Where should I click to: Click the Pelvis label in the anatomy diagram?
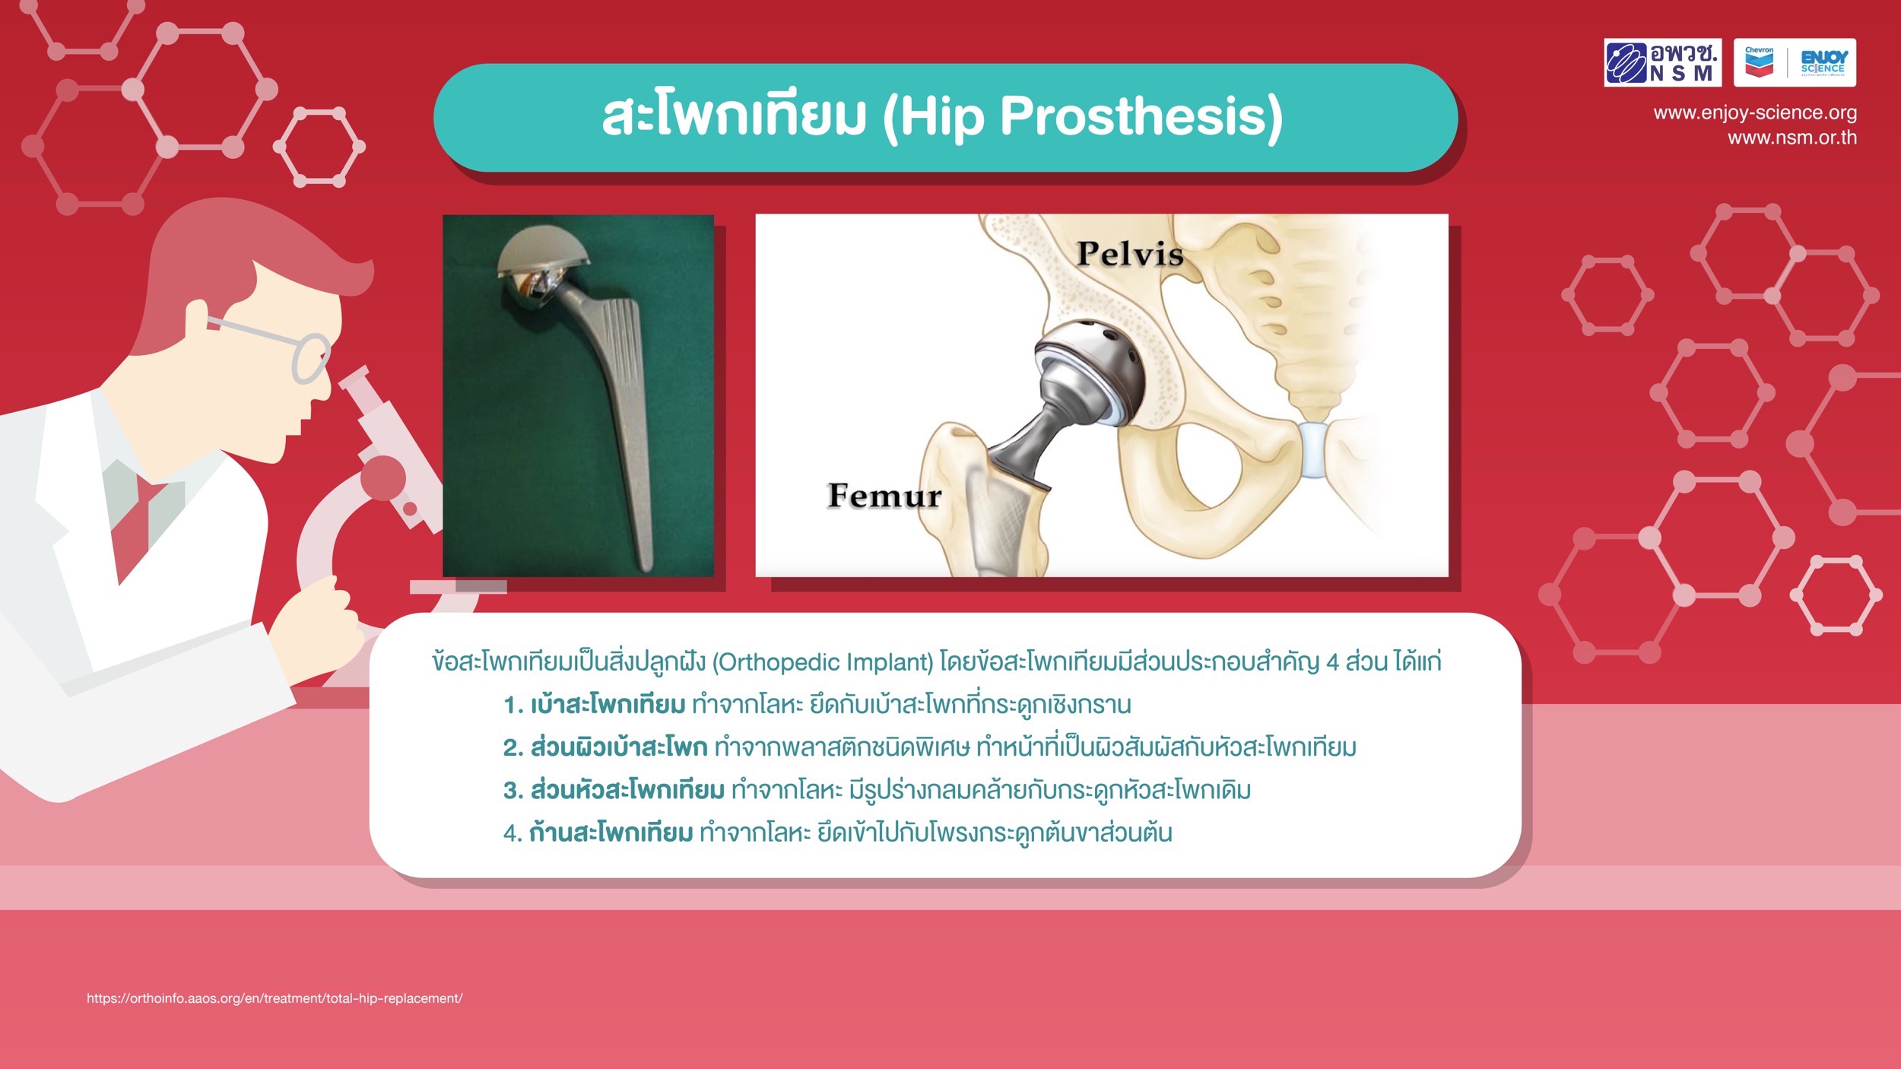(1130, 254)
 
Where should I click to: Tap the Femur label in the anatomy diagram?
(884, 496)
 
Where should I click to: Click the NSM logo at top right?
(1662, 62)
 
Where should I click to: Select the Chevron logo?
(1759, 62)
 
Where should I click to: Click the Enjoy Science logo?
(1823, 62)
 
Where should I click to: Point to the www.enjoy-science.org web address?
(1755, 113)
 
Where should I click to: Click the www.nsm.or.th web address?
(1792, 138)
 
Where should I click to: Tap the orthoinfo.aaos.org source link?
(275, 998)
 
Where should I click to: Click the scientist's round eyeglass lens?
(311, 358)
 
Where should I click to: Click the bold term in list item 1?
(608, 705)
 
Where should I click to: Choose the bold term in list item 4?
(611, 833)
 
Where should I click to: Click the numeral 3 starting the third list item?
(511, 791)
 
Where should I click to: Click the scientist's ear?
(197, 314)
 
